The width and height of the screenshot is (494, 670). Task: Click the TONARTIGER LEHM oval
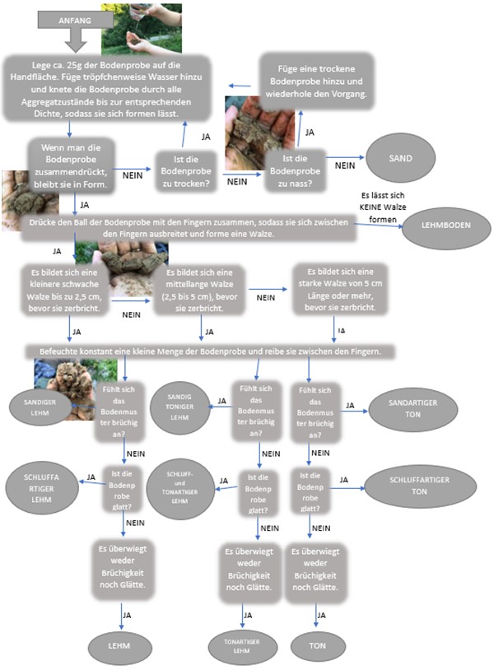242,644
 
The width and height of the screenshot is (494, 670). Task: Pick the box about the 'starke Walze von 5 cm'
340,291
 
